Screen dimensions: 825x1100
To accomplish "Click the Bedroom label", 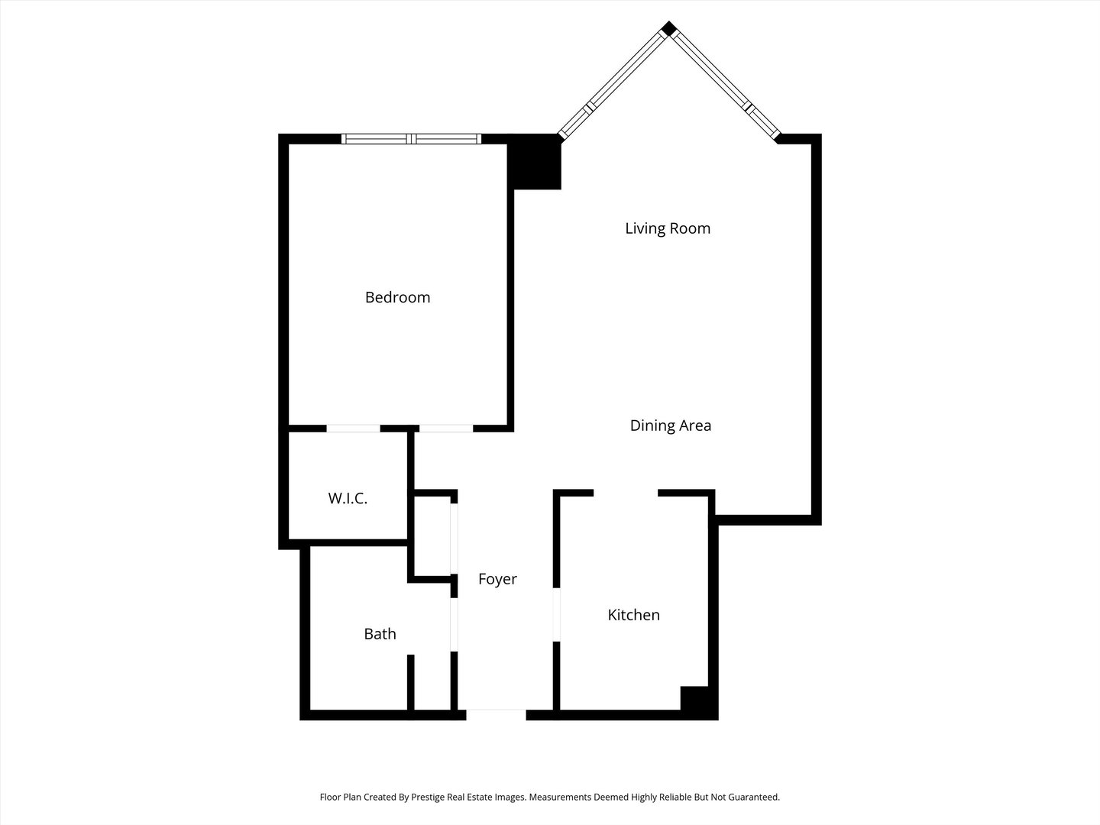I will tap(397, 297).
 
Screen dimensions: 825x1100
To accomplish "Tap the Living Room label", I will tap(668, 228).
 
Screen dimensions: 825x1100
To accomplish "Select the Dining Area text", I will tap(670, 425).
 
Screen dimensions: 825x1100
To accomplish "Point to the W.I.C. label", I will tap(348, 499).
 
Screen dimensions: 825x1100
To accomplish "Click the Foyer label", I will tap(497, 579).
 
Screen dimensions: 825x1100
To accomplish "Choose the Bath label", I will tap(380, 634).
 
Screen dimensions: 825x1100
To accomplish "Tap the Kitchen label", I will tap(633, 615).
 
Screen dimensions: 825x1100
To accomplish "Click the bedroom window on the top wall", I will tap(411, 139).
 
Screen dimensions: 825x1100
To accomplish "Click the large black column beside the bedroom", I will tap(535, 162).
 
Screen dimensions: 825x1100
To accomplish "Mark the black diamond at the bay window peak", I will tap(668, 29).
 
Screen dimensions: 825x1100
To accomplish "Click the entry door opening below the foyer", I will tap(496, 715).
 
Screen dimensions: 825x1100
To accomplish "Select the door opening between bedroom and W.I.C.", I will tap(353, 429).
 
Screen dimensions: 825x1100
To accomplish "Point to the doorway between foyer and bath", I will tap(454, 624).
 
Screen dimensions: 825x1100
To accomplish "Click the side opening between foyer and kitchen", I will tap(557, 615).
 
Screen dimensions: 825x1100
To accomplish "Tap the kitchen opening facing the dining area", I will tap(626, 493).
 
